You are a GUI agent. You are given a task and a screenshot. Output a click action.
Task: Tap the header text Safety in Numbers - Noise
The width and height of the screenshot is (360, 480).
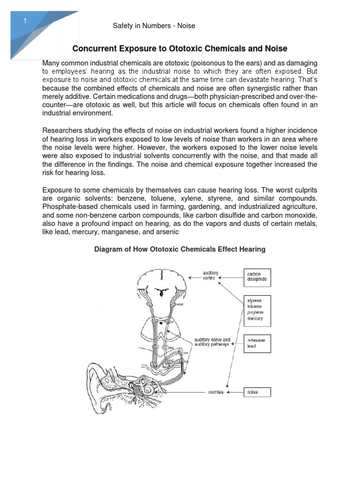(154, 26)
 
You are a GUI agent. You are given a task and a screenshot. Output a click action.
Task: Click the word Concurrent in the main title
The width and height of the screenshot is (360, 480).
(94, 49)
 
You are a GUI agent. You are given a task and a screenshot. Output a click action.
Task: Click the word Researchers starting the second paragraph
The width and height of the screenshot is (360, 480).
(62, 130)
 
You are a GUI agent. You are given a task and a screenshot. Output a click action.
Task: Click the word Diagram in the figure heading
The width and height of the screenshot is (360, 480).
(107, 249)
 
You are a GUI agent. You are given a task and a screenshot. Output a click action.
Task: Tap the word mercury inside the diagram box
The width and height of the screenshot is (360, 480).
(255, 318)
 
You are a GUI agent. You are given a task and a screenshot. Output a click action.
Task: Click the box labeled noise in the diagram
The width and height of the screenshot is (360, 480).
(256, 392)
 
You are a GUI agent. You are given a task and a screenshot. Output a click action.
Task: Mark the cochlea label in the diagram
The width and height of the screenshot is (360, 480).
(216, 392)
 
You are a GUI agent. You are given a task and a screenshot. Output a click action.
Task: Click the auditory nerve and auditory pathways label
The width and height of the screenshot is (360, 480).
(212, 342)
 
